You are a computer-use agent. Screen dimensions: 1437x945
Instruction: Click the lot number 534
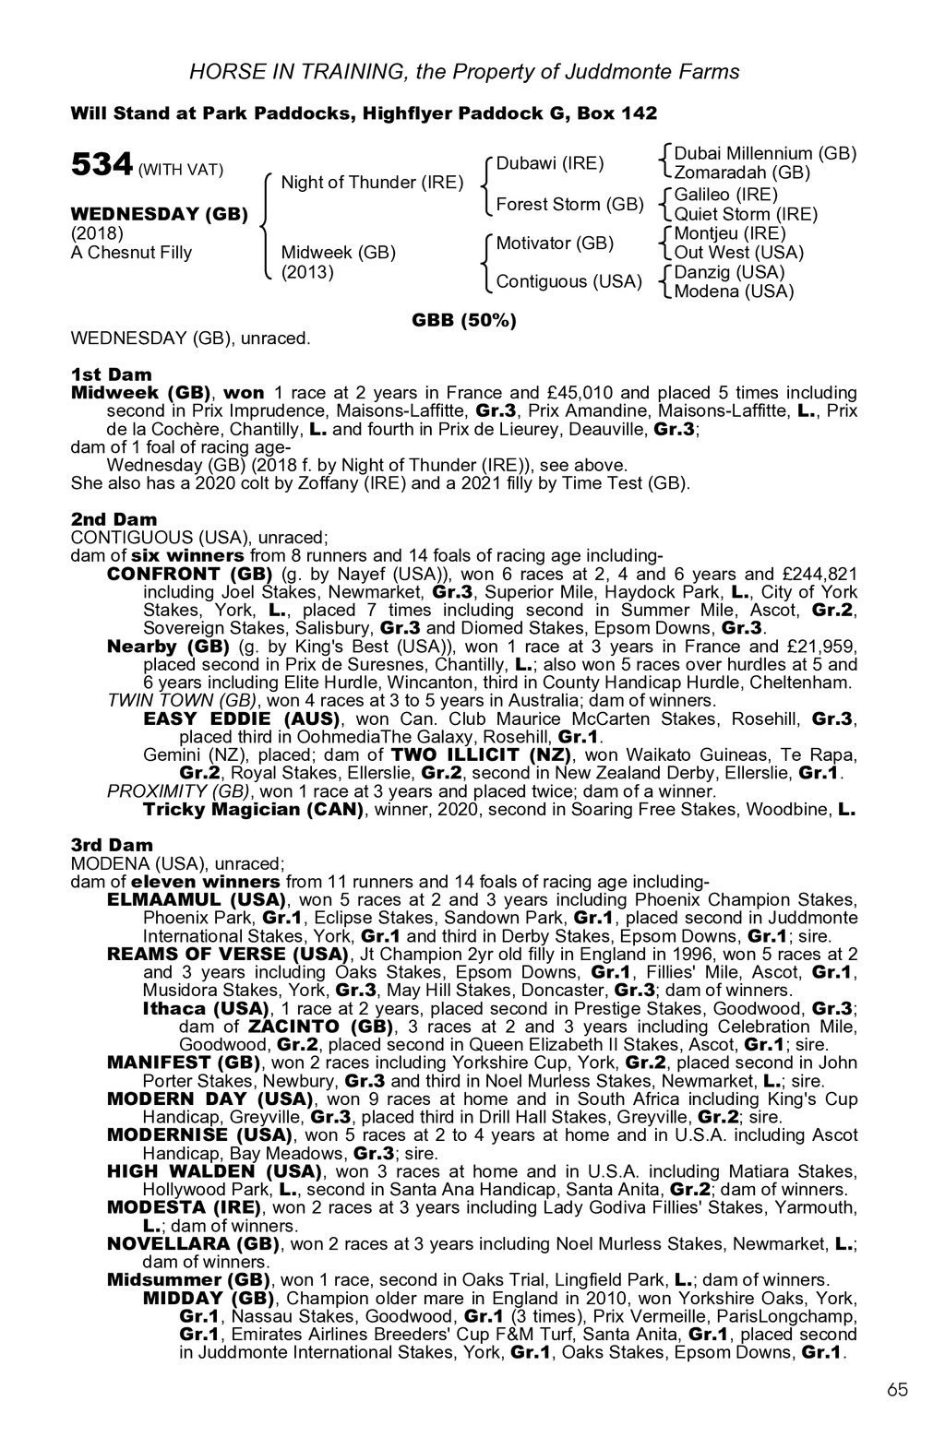click(x=102, y=165)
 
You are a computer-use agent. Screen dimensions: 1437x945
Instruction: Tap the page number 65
click(x=898, y=1390)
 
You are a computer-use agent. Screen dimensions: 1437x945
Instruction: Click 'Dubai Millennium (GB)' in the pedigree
click(x=765, y=153)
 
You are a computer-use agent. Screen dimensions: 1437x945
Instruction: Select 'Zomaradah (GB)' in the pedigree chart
click(x=742, y=172)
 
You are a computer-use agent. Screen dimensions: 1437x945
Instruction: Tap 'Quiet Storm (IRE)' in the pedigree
click(x=746, y=214)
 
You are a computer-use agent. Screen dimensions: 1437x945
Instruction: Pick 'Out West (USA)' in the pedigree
click(x=738, y=253)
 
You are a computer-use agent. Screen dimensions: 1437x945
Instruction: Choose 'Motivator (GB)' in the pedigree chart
click(x=555, y=243)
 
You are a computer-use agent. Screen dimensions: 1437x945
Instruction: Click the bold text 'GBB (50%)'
click(x=463, y=320)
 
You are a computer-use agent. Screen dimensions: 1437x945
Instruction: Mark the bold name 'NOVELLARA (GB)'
click(x=193, y=1243)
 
